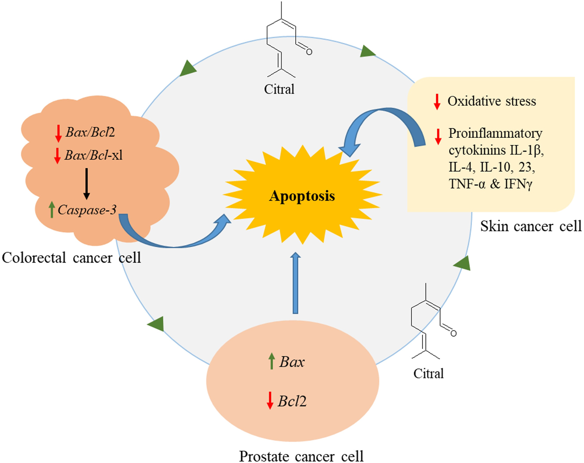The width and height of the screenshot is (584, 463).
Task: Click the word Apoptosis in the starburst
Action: click(x=302, y=196)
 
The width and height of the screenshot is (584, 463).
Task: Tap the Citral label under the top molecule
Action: click(x=279, y=89)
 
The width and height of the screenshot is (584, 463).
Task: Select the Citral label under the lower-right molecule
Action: click(x=428, y=374)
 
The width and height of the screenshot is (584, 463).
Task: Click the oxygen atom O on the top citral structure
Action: click(x=309, y=52)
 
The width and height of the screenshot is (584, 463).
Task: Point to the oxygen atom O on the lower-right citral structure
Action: click(x=453, y=333)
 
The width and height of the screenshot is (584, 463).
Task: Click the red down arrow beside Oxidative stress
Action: click(x=437, y=101)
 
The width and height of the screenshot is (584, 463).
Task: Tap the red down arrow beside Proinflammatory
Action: click(x=438, y=136)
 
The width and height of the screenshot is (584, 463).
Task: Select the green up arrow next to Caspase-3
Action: click(x=52, y=210)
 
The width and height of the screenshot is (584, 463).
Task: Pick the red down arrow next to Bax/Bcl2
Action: click(x=58, y=133)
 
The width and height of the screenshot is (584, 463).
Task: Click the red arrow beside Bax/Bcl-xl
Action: click(x=57, y=156)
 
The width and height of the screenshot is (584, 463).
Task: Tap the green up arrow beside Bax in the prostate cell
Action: click(x=272, y=361)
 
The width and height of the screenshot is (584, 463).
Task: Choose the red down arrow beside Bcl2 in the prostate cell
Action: click(x=270, y=400)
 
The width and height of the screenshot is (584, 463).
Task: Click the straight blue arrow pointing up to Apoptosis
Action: click(x=295, y=282)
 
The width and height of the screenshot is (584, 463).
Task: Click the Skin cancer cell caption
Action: click(x=531, y=226)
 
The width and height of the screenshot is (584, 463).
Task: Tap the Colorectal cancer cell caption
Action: click(x=71, y=258)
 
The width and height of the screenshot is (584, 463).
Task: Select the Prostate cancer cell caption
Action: click(x=301, y=456)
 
